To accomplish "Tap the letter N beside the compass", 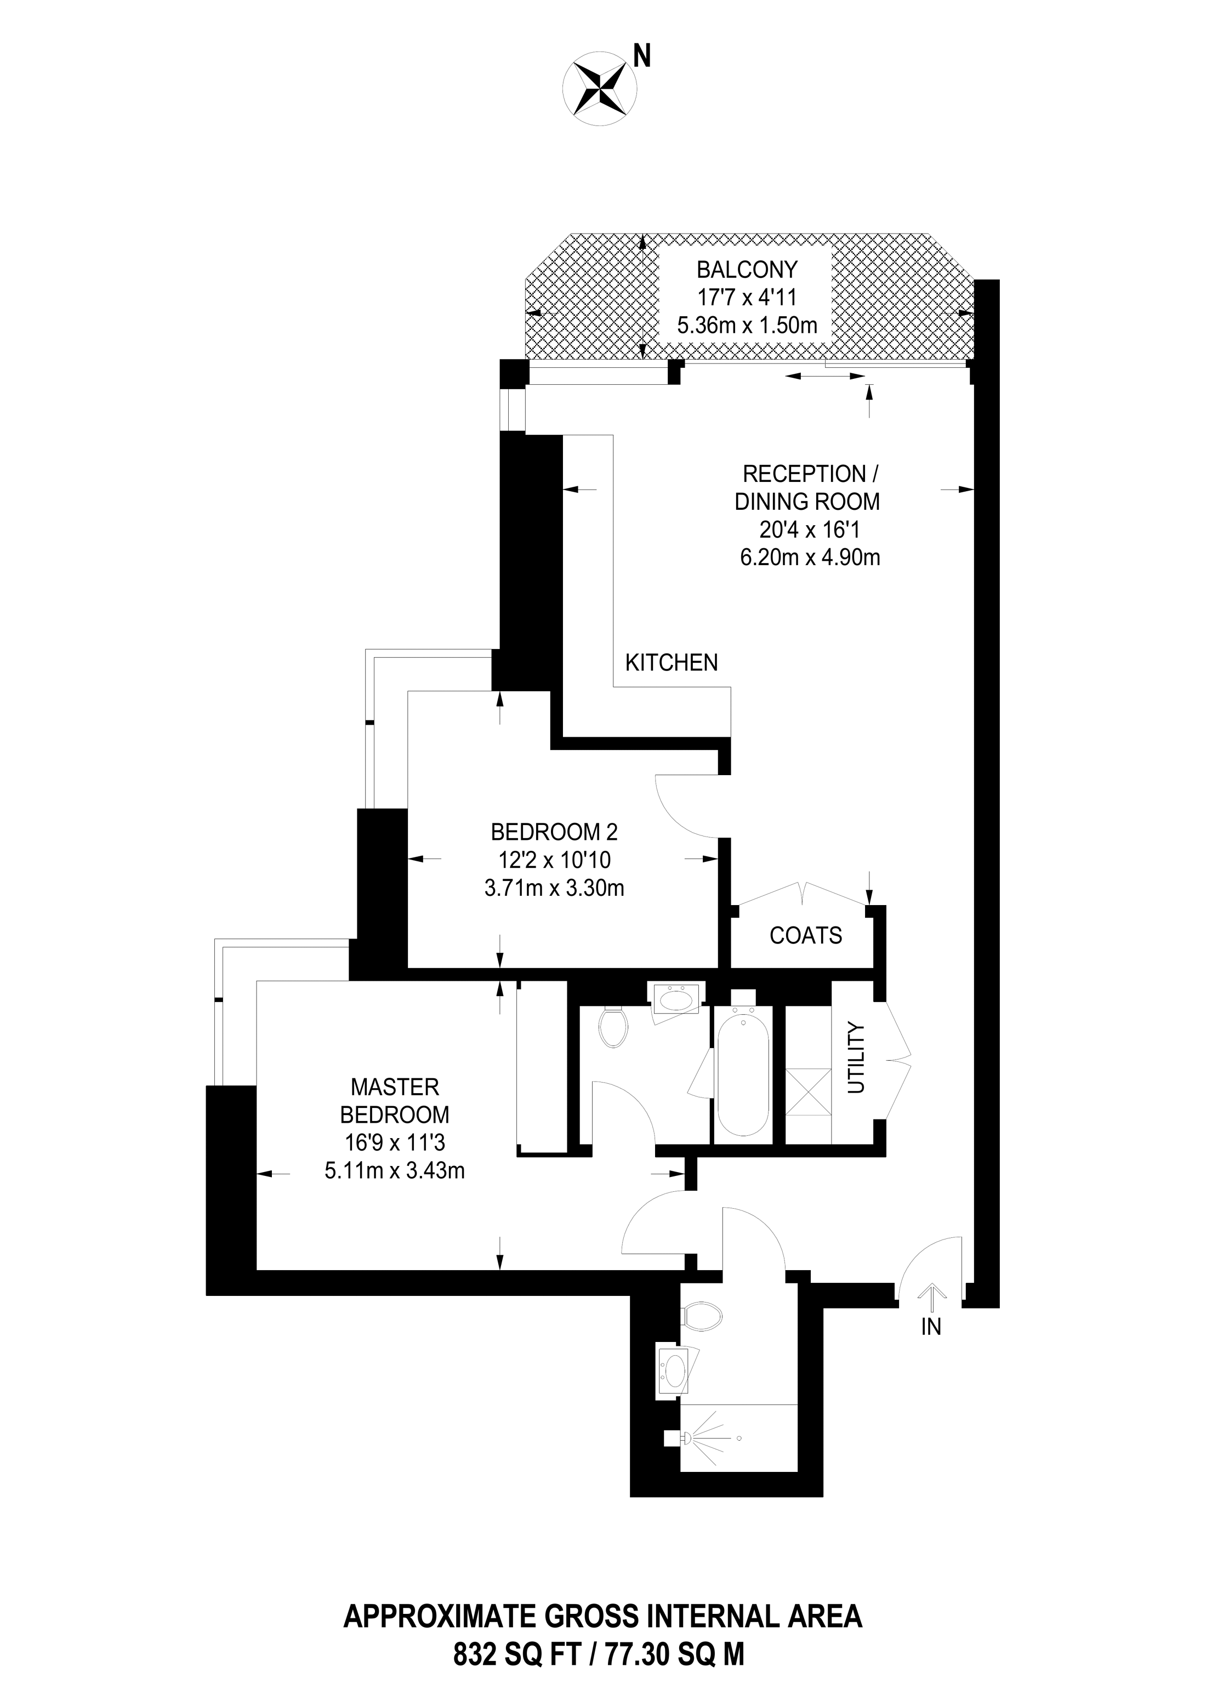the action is tap(641, 55).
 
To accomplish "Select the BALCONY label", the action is tap(747, 269).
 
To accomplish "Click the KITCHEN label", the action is tap(672, 662).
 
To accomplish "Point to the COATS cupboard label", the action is tap(806, 935).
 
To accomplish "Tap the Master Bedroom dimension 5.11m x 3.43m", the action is tap(395, 1172).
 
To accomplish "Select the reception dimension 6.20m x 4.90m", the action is tap(810, 556).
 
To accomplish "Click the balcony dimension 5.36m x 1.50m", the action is tap(747, 325).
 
